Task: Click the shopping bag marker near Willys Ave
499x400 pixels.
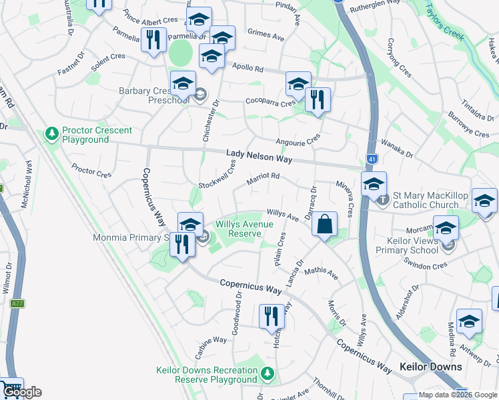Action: pos(324,225)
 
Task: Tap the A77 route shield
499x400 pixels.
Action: pos(17,304)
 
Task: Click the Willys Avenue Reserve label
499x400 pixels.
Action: pos(243,229)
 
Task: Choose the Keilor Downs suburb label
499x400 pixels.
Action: pos(430,367)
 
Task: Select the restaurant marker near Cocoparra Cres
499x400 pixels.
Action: pos(318,100)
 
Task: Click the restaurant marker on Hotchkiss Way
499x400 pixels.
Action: pos(270,315)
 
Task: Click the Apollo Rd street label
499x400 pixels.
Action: pos(248,68)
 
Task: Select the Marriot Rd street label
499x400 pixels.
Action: pos(262,177)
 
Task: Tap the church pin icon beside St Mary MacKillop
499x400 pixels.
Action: pos(382,199)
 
